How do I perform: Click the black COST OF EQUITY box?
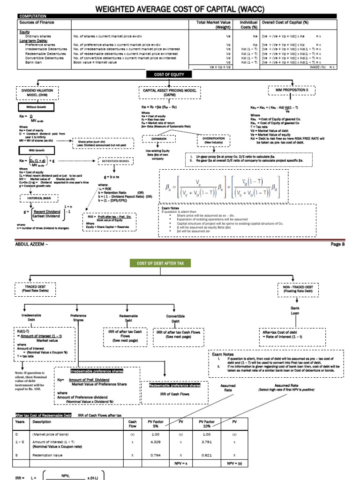tap(169, 75)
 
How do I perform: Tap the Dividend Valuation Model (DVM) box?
tap(37, 92)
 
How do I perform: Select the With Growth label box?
tap(31, 150)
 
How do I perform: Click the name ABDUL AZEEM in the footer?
tap(28, 244)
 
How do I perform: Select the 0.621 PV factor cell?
tap(208, 455)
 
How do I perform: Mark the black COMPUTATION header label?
tap(30, 16)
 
